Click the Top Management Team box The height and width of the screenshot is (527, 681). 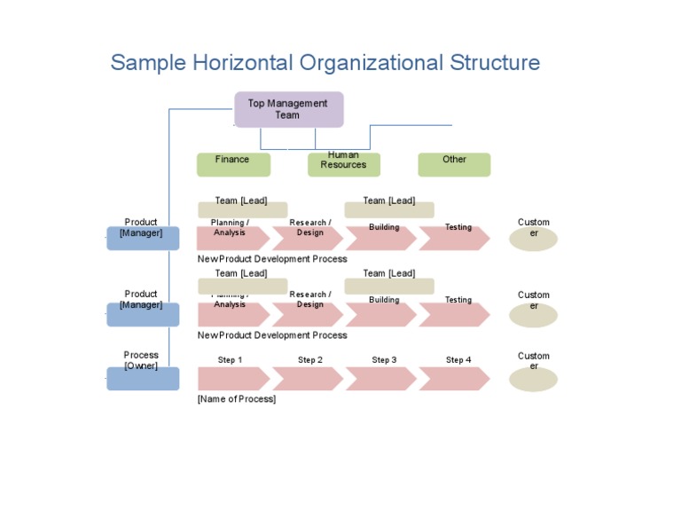tap(288, 109)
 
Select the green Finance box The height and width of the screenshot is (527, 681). tap(231, 164)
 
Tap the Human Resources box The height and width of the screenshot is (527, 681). tap(343, 164)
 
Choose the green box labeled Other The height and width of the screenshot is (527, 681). tap(454, 164)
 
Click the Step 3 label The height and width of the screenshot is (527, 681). tap(384, 360)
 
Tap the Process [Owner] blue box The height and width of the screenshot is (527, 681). tap(143, 379)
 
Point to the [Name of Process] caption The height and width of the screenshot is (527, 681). tap(237, 399)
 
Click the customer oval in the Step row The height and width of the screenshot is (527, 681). tap(533, 379)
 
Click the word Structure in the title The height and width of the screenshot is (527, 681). tap(495, 63)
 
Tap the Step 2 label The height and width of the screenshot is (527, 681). tap(310, 360)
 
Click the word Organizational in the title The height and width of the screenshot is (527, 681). tap(372, 63)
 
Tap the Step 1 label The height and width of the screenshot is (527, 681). tap(231, 360)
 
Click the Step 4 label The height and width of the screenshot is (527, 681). tap(458, 360)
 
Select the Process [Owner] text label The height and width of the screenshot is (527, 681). tap(141, 360)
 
